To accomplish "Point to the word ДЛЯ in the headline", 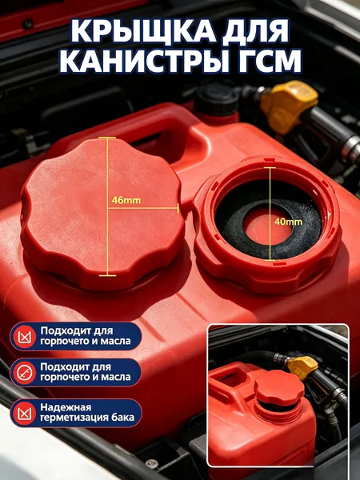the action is (255, 32).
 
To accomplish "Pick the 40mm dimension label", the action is (288, 222).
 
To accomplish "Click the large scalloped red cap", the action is (103, 213).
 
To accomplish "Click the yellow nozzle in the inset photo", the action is (302, 368).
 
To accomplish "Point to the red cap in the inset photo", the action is (275, 388).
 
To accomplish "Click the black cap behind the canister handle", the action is (217, 99).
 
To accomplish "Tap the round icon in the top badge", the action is (25, 337).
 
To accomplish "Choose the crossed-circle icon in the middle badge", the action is (25, 373).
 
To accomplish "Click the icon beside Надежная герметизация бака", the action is (25, 413).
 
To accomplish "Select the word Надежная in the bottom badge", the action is (66, 407).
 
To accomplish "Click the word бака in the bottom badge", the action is (126, 418).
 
